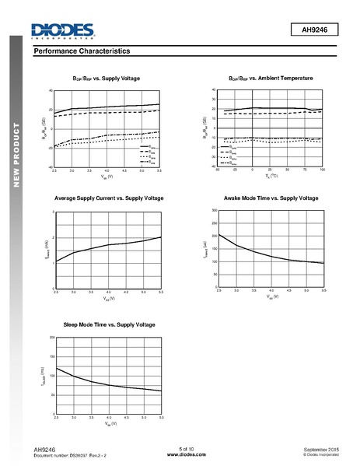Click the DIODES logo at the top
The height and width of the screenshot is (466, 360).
[x=62, y=30]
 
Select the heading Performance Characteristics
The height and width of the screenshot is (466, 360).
[x=82, y=51]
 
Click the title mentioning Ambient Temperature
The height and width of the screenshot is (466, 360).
[x=271, y=79]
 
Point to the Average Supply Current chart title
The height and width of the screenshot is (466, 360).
[x=109, y=198]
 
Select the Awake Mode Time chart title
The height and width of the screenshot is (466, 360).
[x=271, y=198]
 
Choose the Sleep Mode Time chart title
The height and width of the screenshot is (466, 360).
[x=109, y=324]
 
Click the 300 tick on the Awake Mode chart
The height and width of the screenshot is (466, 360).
[x=214, y=212]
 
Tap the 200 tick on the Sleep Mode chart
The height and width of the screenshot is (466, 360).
[x=51, y=338]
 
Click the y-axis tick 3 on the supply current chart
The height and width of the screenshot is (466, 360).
[x=54, y=212]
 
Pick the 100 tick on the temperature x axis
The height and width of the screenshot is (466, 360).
[x=322, y=170]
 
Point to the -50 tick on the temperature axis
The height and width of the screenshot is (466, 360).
[x=218, y=170]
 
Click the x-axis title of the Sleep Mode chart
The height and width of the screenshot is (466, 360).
[x=108, y=424]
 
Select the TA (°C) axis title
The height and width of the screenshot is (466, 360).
[x=271, y=176]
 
